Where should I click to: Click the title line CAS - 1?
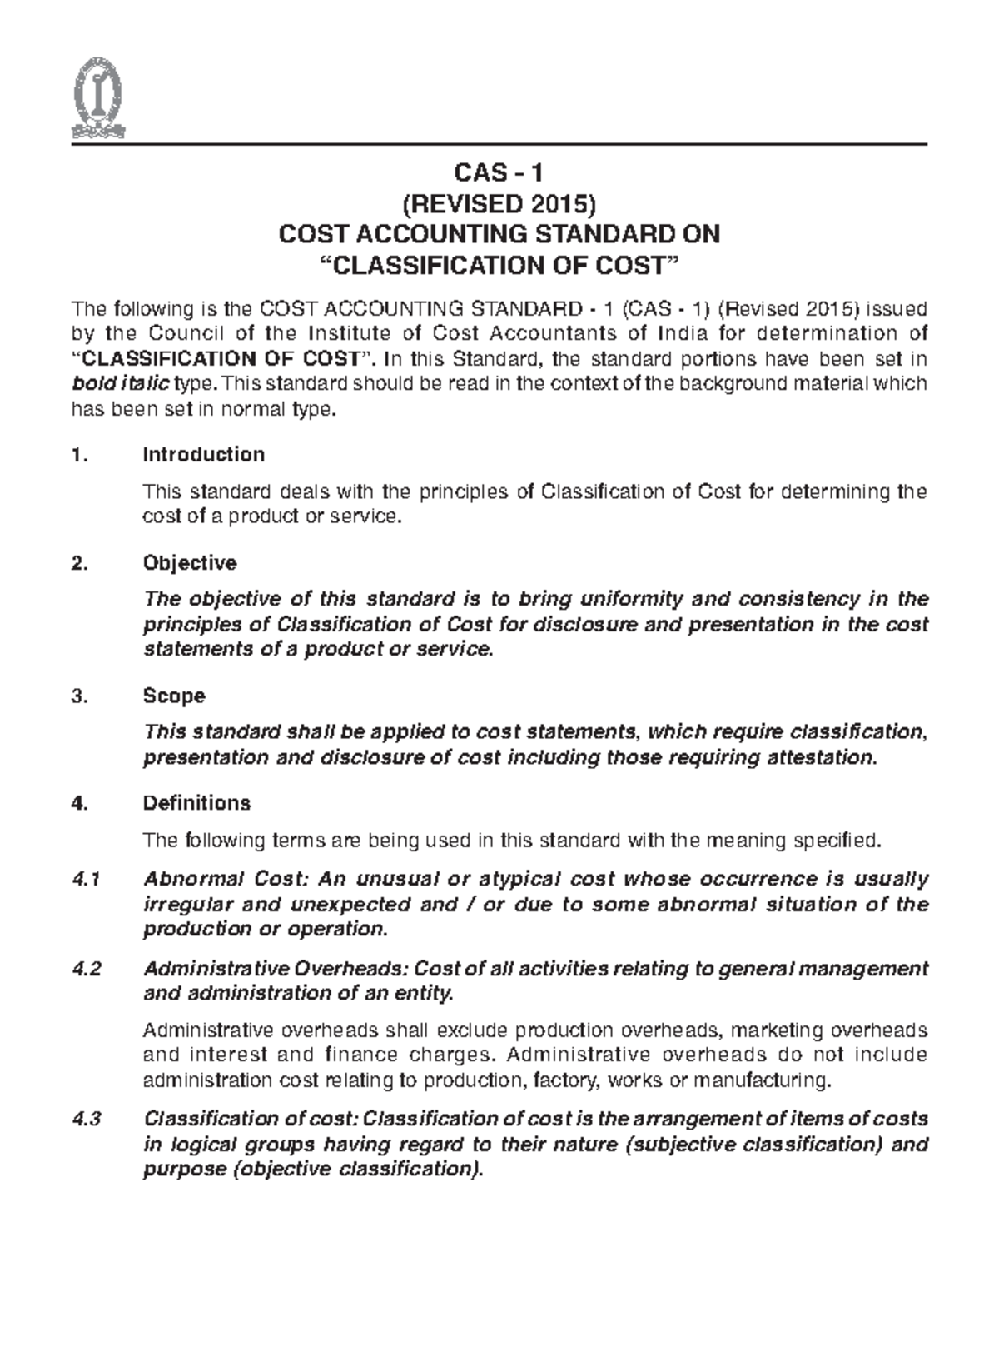point(499,173)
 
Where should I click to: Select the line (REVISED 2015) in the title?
point(499,204)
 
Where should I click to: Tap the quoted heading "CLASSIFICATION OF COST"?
point(499,267)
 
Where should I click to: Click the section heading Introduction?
point(204,455)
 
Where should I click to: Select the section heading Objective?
point(190,563)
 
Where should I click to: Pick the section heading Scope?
point(174,696)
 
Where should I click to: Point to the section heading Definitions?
point(196,803)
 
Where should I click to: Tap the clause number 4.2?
point(87,969)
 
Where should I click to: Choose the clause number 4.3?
point(87,1119)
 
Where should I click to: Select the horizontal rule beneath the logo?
point(499,144)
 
